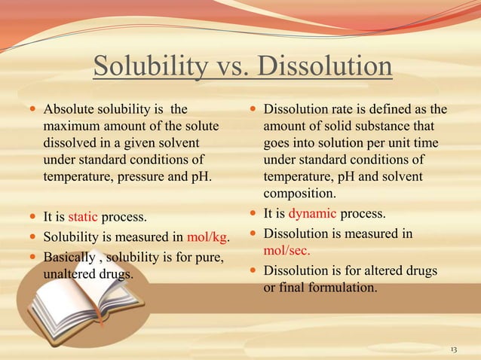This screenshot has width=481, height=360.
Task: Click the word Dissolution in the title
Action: [x=324, y=67]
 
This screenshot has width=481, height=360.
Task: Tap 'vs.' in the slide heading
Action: [x=229, y=67]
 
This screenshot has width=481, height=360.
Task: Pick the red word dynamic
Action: [x=311, y=213]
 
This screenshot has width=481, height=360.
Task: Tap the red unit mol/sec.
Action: [x=286, y=252]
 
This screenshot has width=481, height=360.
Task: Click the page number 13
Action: [x=453, y=349]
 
